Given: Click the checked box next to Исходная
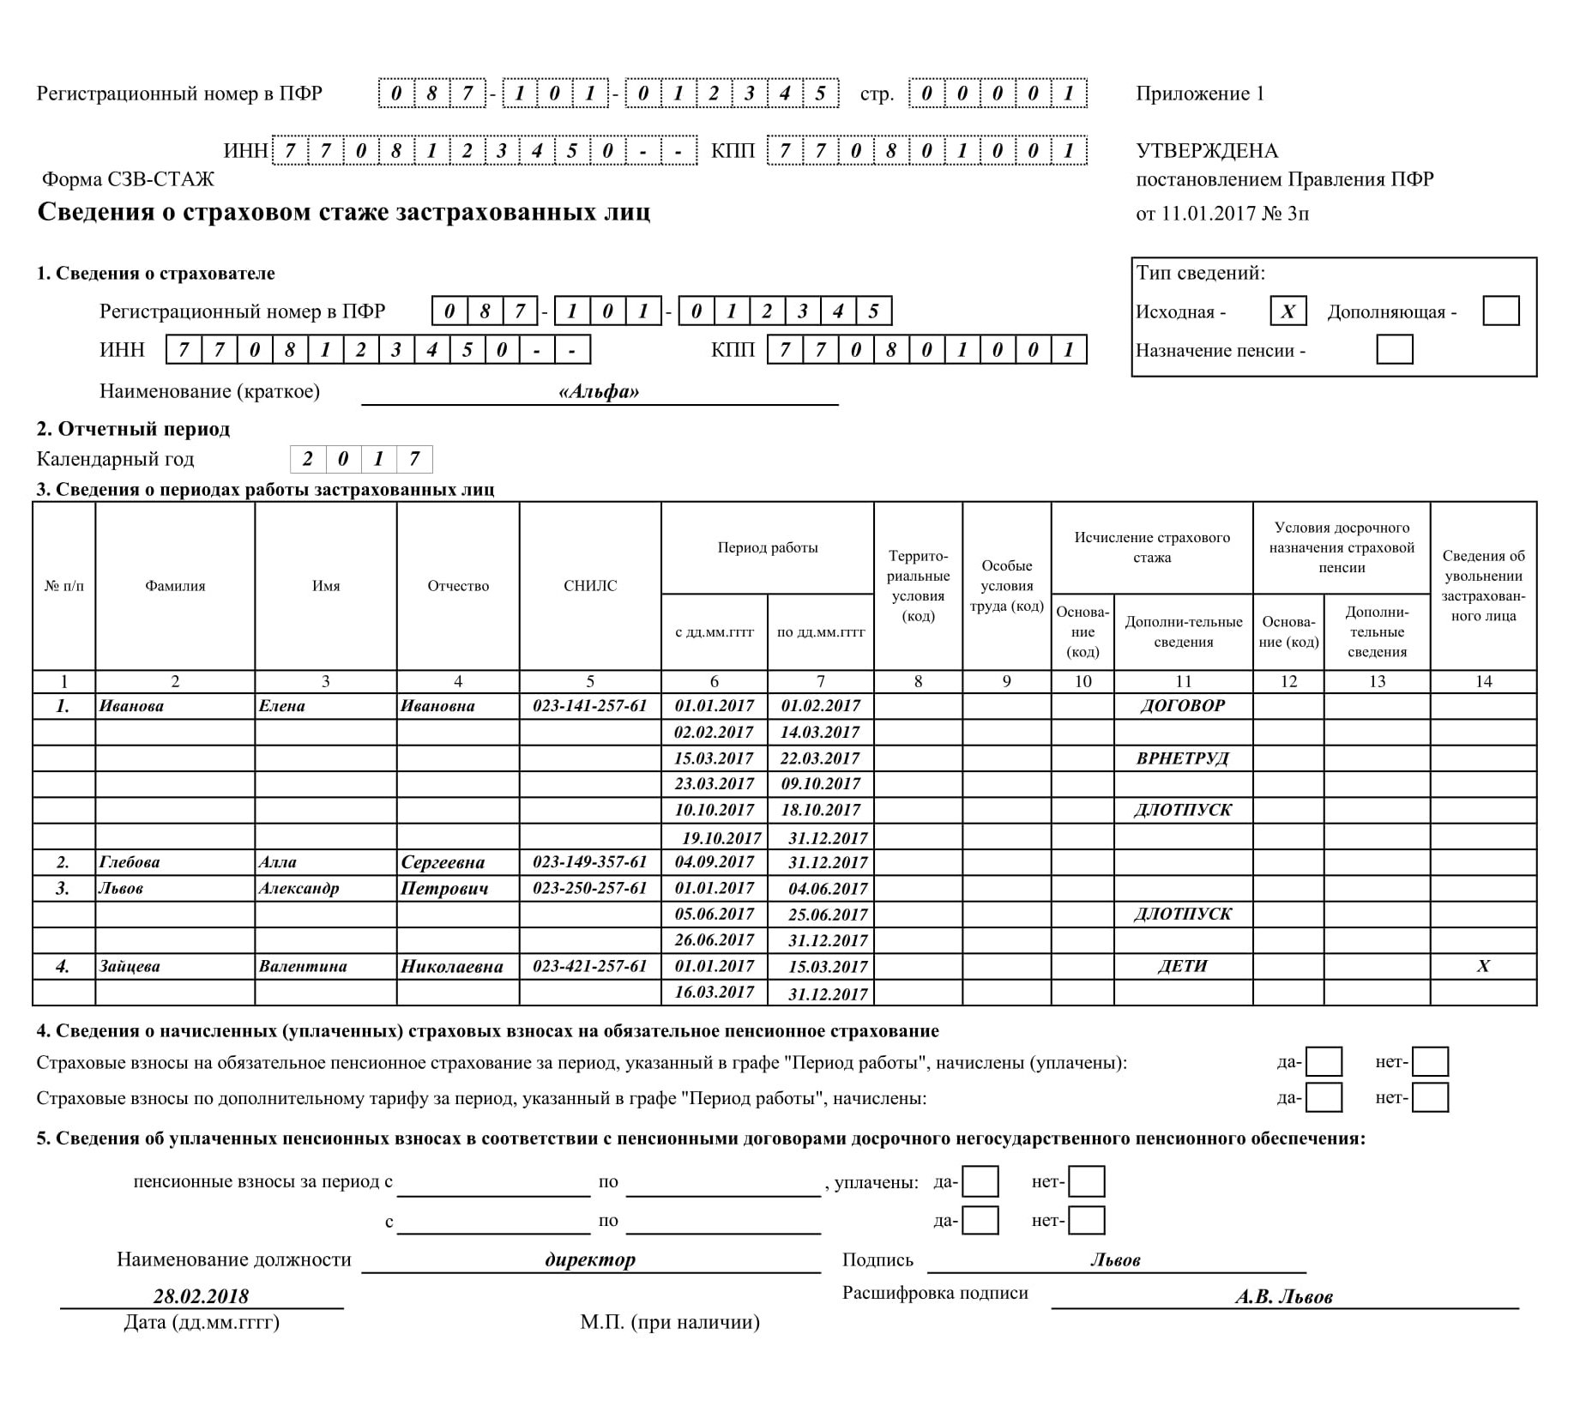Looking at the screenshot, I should click(1288, 311).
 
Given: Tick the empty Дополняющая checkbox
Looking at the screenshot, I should click(1500, 311).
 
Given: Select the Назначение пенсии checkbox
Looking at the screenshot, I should click(1394, 350).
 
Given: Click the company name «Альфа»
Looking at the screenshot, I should click(599, 392).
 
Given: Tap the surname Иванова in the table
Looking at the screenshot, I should click(131, 706).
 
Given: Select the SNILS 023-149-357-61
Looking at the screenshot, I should click(589, 861).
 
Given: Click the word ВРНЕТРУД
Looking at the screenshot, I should click(1182, 758).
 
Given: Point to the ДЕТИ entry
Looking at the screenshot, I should click(1182, 966).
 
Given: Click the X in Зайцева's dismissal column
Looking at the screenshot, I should click(1483, 966).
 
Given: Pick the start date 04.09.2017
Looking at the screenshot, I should click(714, 861).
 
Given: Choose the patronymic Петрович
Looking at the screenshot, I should click(444, 888).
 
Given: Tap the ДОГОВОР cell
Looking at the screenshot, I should click(1182, 706).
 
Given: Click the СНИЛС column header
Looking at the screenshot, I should click(589, 586).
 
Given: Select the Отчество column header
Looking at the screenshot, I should click(458, 586).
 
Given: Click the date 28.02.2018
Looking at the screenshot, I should click(201, 1295).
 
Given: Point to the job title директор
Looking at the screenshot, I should click(590, 1259).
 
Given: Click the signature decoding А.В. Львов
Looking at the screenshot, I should click(1283, 1297).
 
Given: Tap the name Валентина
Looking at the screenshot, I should click(303, 966).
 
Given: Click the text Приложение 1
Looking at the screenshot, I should click(1199, 94).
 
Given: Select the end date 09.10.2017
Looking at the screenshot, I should click(820, 783).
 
